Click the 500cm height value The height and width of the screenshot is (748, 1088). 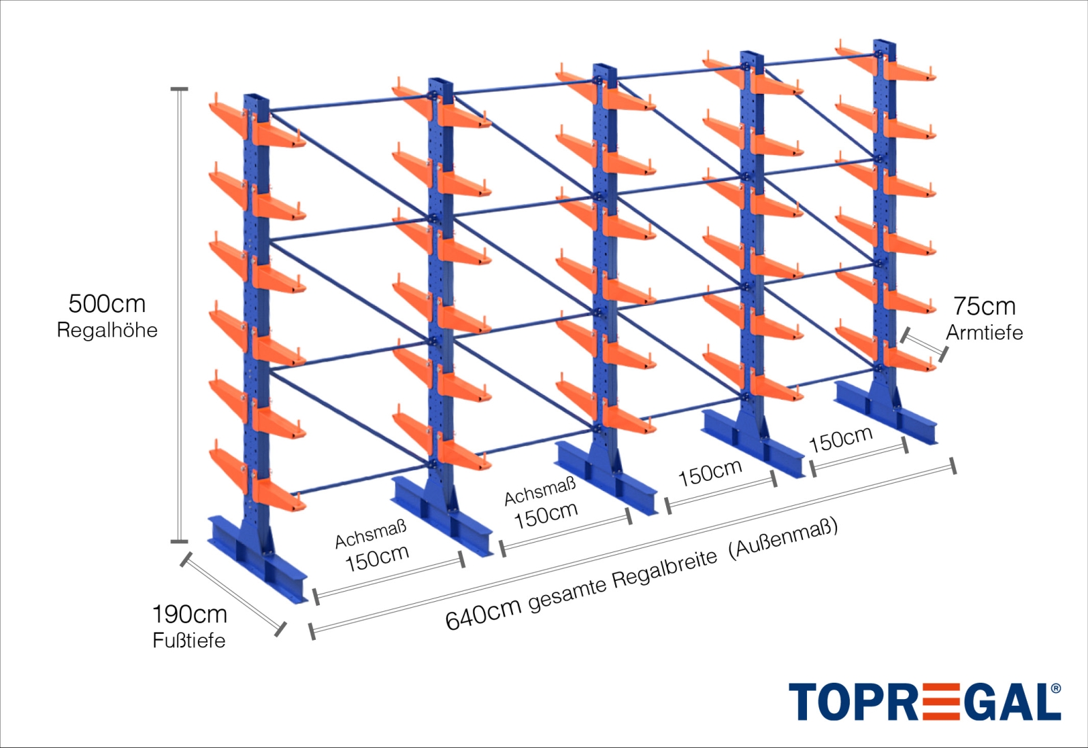(x=107, y=305)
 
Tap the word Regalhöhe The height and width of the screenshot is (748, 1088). (x=108, y=330)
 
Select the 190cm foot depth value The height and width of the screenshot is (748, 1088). (x=189, y=615)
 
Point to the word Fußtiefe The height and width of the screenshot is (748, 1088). (x=189, y=641)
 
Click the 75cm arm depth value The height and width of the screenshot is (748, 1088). (x=984, y=306)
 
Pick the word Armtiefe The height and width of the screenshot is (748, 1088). (x=984, y=333)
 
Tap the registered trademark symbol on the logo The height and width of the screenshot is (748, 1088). (x=1056, y=688)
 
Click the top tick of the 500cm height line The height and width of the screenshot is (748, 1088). (x=179, y=89)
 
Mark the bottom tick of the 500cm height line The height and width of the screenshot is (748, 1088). (x=179, y=541)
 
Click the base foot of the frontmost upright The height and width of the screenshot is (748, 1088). (x=257, y=558)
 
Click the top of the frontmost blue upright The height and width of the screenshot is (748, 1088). (x=256, y=97)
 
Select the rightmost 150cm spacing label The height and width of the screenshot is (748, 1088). (x=841, y=439)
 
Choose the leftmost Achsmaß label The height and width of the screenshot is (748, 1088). (x=371, y=533)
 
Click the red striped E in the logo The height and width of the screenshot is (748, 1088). (x=941, y=702)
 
